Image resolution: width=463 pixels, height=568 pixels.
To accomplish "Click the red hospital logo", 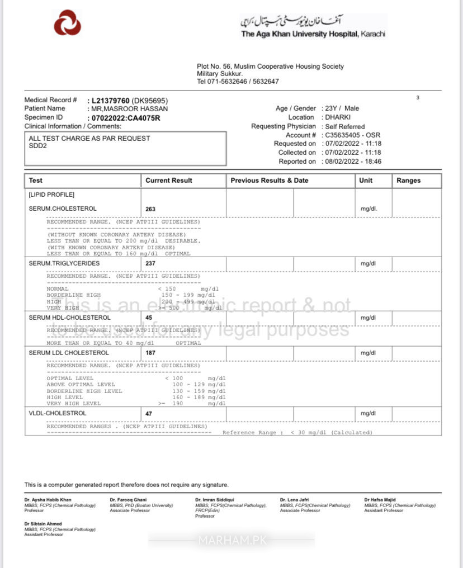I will click(x=67, y=23).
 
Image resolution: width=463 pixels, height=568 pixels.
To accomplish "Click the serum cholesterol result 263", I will click(x=150, y=209).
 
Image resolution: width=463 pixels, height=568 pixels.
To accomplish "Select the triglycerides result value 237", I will click(x=150, y=263).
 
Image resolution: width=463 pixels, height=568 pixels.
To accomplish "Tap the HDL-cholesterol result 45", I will click(x=149, y=318).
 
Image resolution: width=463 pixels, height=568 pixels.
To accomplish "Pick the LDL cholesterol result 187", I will click(x=150, y=353).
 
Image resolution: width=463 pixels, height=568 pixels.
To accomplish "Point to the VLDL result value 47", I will click(x=149, y=414).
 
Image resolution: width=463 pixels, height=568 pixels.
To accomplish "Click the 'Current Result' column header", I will click(x=168, y=181).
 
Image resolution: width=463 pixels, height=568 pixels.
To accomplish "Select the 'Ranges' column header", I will click(x=408, y=181).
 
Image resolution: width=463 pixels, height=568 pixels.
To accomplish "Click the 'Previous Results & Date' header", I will click(x=269, y=181).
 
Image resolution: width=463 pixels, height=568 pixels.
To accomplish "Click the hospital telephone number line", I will click(x=238, y=82).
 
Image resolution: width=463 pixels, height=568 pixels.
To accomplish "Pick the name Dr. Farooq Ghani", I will click(x=128, y=499).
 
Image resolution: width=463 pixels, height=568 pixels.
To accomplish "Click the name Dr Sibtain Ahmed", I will click(x=44, y=524).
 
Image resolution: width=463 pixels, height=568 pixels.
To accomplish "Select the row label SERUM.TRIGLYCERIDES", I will click(x=64, y=263).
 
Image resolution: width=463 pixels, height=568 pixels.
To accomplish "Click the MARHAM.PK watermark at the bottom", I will click(x=232, y=540).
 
